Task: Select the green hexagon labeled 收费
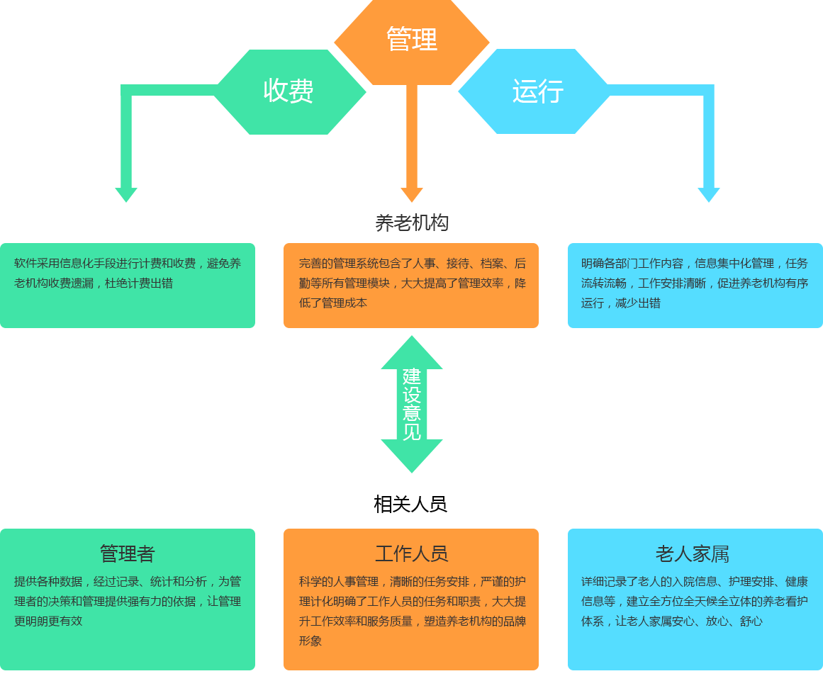[x=289, y=91]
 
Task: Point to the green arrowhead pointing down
[x=126, y=194]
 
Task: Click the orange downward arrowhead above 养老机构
[x=411, y=194]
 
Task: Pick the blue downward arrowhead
[x=708, y=194]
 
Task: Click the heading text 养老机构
[x=411, y=223]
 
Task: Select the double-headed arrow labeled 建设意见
[x=411, y=404]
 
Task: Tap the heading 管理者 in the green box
[x=127, y=553]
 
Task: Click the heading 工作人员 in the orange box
[x=411, y=553]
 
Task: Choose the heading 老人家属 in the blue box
[x=692, y=553]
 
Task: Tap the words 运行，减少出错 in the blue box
[x=621, y=303]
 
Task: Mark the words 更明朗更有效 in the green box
[x=48, y=621]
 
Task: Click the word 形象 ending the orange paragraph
[x=310, y=641]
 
